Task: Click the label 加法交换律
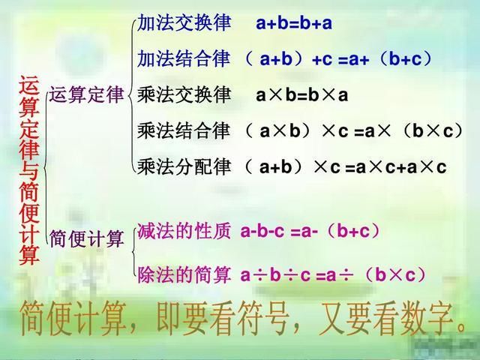pos(184,22)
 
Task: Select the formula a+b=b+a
pos(293,23)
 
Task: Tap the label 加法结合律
pos(184,58)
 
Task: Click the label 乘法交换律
pos(184,95)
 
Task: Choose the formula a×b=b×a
pos(301,96)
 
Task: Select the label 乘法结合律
pos(184,131)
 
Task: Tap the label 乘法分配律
pos(184,166)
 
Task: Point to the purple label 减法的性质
pos(184,232)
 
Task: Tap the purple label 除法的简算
pos(184,274)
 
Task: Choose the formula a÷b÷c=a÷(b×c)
pos(334,275)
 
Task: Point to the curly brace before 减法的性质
pos(130,252)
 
